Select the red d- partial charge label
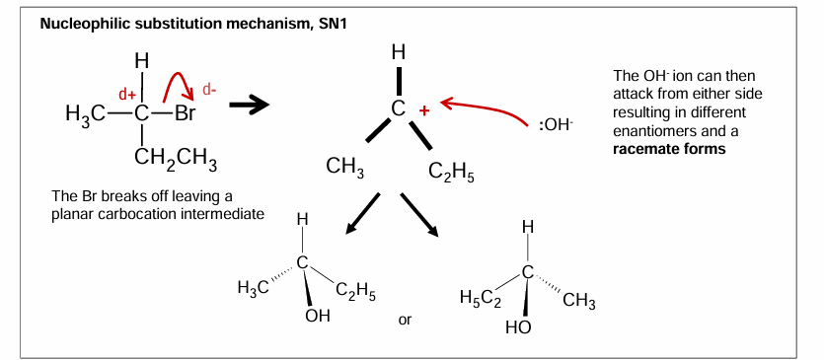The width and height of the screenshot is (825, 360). [x=209, y=90]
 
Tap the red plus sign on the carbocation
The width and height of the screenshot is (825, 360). [x=424, y=111]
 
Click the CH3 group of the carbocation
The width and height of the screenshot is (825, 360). [x=345, y=169]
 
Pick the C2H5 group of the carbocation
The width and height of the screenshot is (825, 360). [x=452, y=175]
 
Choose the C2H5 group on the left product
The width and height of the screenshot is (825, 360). [x=355, y=290]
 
